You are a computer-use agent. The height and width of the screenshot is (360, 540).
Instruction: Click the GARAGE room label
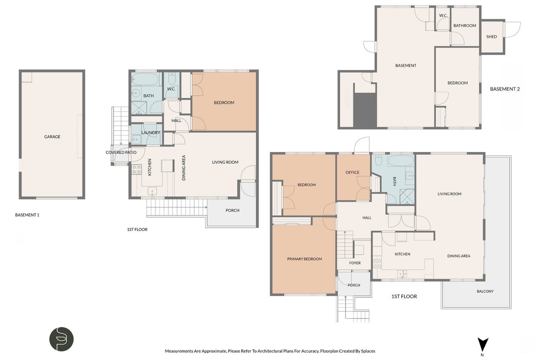coord(52,137)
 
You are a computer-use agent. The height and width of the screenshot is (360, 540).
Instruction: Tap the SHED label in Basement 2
coord(491,36)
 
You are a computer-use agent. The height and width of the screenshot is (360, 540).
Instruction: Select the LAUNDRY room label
coord(150,132)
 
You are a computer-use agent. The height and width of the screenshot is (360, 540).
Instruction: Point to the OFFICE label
coord(352,172)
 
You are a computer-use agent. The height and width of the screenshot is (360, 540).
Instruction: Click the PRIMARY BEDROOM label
coord(304,259)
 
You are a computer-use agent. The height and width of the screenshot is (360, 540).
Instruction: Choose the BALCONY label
coord(485,291)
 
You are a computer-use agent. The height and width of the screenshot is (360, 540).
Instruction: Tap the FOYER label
coord(355,263)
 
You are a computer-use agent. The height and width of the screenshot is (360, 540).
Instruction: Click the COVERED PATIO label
coord(121,153)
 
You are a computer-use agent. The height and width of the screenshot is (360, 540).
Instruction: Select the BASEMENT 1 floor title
coord(27,215)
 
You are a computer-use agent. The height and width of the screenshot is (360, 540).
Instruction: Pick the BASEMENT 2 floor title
coord(505,89)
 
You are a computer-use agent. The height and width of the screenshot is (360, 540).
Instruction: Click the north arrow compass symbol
coord(483,345)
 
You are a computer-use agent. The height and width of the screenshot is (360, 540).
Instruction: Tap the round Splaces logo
coord(62,339)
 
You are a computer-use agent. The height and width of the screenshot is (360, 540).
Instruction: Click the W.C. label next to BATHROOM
coord(443,15)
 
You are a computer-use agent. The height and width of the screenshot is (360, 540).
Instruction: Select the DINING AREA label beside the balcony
coord(459,256)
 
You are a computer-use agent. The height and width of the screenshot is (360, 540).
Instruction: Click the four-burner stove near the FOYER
coord(377,264)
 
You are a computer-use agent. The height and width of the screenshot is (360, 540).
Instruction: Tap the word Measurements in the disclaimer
coord(179,351)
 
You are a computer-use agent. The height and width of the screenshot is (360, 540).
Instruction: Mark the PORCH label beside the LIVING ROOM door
coord(232,210)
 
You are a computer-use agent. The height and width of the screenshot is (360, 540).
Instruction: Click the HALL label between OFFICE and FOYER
coord(367,217)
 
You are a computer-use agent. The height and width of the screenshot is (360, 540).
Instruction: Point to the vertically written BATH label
coord(395,181)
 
